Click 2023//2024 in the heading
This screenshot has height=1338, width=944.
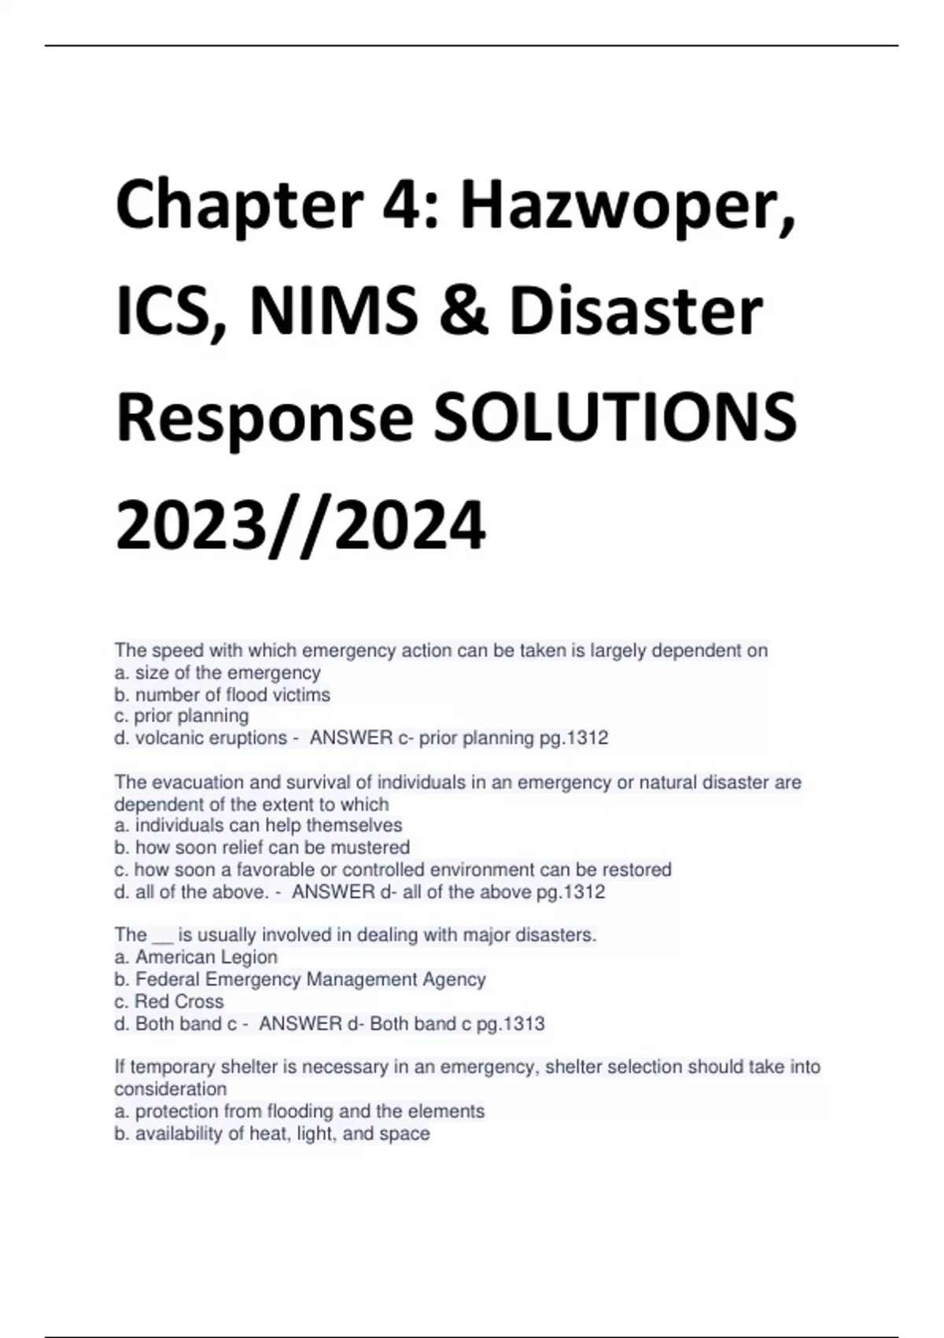click(x=301, y=525)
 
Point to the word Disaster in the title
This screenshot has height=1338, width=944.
click(x=636, y=310)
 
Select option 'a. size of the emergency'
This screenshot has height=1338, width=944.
click(x=217, y=673)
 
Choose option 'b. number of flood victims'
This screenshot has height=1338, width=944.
click(x=222, y=695)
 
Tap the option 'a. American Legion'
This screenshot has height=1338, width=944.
click(x=196, y=957)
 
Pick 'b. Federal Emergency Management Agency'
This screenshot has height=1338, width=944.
click(x=300, y=979)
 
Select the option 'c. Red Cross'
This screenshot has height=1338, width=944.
click(x=169, y=1001)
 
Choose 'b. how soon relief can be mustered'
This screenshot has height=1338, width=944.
click(x=262, y=848)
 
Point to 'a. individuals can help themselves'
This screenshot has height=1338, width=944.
click(x=258, y=826)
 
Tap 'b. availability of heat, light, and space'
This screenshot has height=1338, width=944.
click(x=272, y=1133)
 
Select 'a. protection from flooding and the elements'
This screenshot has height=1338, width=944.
click(x=300, y=1111)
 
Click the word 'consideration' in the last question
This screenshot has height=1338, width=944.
click(x=171, y=1089)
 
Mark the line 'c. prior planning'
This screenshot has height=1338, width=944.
click(x=182, y=716)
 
